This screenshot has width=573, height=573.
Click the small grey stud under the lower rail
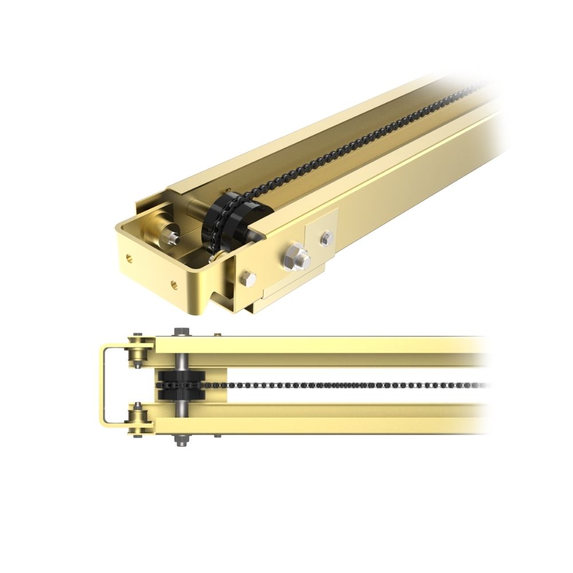218,436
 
